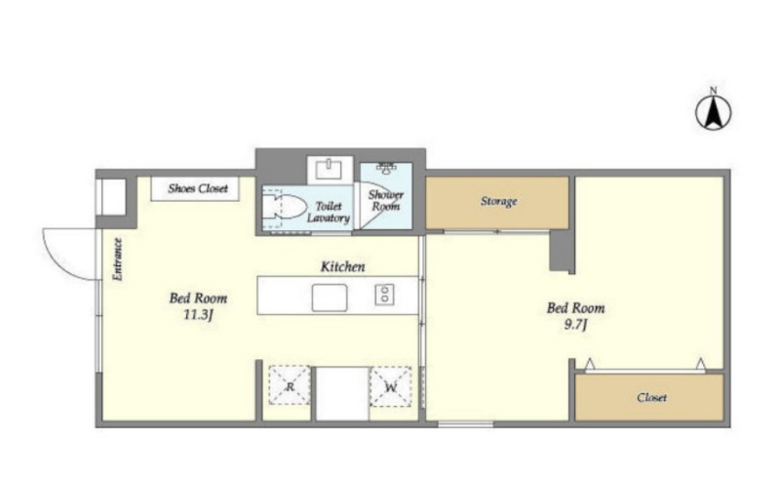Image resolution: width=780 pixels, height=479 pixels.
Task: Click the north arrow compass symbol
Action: tap(713, 112)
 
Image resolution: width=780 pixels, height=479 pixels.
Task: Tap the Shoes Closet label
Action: tap(198, 188)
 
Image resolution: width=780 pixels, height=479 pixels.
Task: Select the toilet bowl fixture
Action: tap(284, 207)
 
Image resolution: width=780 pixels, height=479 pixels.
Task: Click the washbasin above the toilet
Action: tap(330, 170)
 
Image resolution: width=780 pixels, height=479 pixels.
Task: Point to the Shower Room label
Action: tap(385, 200)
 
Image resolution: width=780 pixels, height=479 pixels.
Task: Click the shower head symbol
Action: tap(386, 168)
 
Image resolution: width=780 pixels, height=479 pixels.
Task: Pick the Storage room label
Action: tap(498, 201)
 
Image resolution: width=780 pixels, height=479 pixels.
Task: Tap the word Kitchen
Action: tap(342, 266)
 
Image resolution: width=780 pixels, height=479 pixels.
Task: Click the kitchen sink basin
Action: tap(330, 298)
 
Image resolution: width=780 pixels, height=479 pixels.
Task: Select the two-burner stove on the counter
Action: tap(384, 295)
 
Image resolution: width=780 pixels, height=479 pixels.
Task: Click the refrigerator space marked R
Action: tap(290, 386)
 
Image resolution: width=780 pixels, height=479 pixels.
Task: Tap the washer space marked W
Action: tap(391, 386)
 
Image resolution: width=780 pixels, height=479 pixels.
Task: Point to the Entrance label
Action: tap(117, 259)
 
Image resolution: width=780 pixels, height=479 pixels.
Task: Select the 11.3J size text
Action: tap(198, 315)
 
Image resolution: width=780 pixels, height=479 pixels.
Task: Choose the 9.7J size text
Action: tap(575, 325)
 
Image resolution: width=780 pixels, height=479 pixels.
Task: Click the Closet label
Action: tap(651, 397)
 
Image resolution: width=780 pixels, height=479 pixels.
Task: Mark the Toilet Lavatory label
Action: tap(329, 212)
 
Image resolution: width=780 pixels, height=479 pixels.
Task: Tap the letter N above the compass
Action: tap(714, 91)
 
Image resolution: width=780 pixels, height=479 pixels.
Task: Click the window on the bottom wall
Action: tap(466, 424)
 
